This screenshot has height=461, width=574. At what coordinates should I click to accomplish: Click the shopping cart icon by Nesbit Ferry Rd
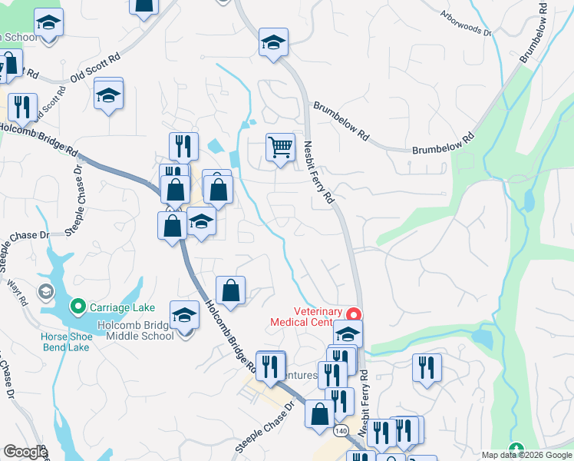point(280,146)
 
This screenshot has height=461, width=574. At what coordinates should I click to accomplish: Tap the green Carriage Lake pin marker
point(77,307)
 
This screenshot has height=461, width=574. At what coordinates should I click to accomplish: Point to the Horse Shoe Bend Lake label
point(65,342)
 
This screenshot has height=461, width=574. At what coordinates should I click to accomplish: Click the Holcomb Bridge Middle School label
point(136,330)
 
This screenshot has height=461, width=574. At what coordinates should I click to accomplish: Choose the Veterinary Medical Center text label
point(307,317)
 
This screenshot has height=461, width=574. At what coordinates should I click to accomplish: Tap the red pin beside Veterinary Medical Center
point(354,314)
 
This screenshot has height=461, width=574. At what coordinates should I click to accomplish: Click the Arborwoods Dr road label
point(466,24)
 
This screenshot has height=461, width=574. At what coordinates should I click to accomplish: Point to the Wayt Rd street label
point(17,292)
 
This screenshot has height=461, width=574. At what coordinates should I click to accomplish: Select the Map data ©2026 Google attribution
point(527,455)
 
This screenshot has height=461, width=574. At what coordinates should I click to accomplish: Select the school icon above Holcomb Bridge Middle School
point(183,316)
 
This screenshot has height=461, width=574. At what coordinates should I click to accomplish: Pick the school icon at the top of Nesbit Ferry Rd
point(273,43)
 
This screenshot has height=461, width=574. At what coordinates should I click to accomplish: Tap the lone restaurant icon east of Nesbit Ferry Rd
point(427,367)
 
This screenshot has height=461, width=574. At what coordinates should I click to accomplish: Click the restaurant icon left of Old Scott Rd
point(22,107)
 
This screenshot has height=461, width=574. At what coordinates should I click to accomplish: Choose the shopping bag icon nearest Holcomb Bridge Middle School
point(230,290)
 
